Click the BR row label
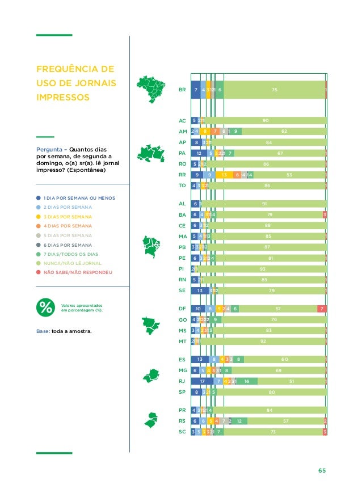[182, 90]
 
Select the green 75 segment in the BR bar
[274, 90]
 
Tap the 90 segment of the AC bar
[266, 120]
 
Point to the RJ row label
[182, 381]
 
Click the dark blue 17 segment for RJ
[203, 381]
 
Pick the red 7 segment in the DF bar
[322, 309]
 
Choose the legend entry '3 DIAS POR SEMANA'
[63, 217]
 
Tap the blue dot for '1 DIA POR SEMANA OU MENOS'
[39, 198]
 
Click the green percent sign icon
[45, 307]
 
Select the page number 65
[322, 470]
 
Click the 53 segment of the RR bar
[289, 175]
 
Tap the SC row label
[182, 432]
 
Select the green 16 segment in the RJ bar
[247, 381]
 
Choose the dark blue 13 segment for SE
[200, 290]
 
